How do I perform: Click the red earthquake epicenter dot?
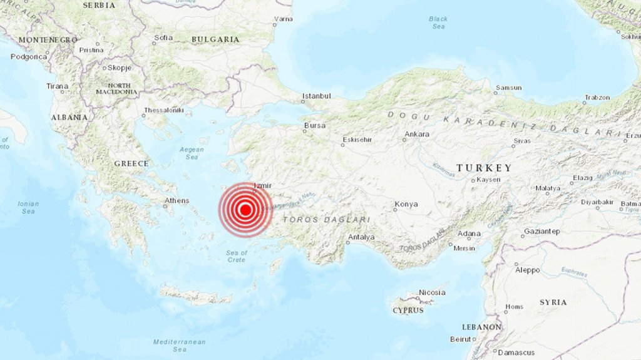246,210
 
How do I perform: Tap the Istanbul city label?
316,96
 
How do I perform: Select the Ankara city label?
417,134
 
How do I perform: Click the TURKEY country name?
484,168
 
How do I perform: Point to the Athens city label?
176,201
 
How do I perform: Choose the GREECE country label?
131,163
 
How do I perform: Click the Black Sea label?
438,23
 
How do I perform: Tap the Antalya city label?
361,237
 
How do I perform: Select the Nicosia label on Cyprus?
432,292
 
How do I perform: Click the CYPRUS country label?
408,310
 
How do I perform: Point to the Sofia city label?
163,38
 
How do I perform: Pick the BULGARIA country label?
215,39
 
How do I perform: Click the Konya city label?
406,204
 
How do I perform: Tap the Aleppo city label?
527,270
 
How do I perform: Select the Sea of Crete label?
237,256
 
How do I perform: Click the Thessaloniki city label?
163,110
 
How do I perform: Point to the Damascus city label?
516,352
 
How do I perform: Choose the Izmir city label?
264,186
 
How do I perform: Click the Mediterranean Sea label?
180,346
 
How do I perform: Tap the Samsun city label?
508,88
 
